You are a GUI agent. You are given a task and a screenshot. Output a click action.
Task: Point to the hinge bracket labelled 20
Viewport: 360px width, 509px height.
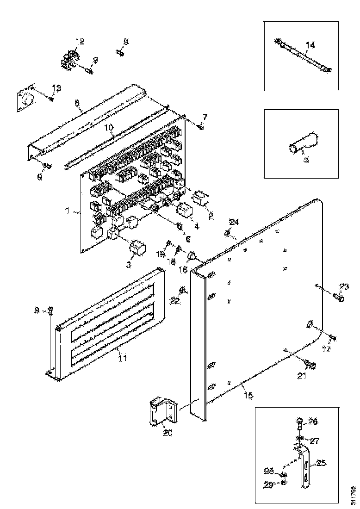coord(161,410)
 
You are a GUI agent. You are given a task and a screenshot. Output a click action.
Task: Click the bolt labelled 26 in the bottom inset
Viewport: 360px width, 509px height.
coord(298,422)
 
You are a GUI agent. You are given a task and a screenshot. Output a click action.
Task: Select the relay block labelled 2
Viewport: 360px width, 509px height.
coord(202,198)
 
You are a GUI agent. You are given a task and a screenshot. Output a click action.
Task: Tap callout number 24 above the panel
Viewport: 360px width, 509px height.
coord(235,222)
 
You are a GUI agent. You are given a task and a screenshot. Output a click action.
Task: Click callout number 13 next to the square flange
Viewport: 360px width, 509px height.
coord(56,88)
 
